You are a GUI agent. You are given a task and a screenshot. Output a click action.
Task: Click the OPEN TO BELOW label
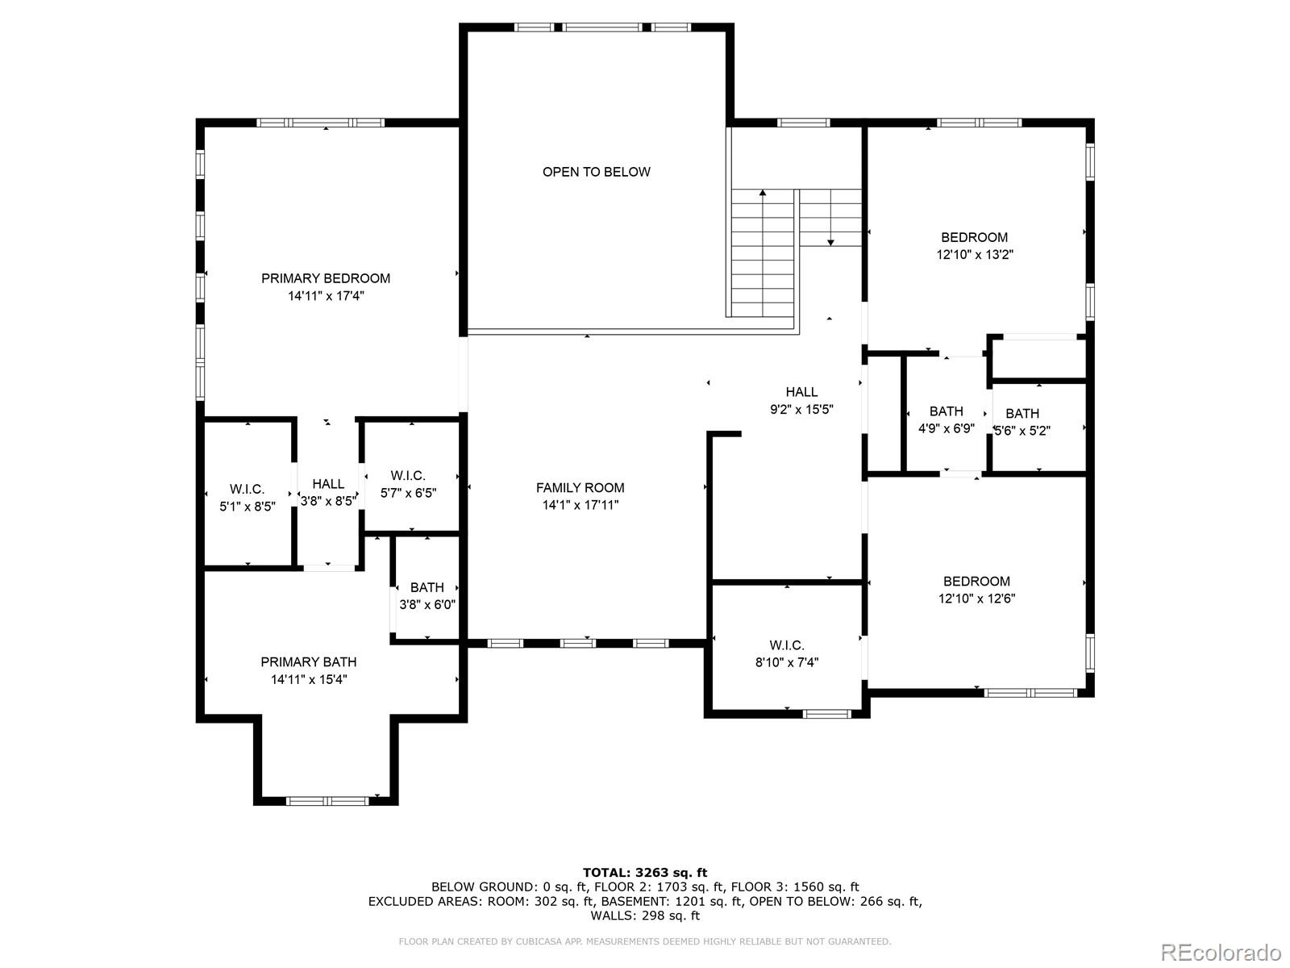596,172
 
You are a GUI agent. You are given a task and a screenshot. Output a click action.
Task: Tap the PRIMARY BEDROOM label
326,278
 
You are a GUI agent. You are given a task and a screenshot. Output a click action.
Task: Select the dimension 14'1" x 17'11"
580,506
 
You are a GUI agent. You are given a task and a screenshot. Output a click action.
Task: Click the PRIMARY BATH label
309,662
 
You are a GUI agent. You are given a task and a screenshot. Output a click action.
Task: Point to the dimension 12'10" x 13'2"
975,255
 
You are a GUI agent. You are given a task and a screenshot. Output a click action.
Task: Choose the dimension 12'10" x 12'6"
976,599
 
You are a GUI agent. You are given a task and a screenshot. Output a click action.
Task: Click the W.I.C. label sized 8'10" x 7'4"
787,645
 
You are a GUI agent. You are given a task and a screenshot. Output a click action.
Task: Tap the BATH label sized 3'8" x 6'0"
427,587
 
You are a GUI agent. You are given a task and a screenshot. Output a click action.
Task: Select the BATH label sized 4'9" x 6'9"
946,411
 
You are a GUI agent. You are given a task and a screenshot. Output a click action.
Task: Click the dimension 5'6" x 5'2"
1022,431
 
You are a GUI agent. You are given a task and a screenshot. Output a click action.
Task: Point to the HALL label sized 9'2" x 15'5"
801,392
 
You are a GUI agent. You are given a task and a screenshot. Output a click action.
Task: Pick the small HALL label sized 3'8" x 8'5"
328,484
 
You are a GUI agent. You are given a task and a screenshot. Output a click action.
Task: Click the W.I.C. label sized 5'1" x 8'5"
247,490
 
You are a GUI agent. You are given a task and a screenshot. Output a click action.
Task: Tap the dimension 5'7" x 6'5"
409,493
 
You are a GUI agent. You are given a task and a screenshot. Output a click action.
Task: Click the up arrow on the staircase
763,194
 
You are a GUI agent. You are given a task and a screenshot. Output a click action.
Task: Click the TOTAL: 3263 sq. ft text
645,872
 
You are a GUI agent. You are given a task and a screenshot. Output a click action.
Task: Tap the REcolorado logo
1221,952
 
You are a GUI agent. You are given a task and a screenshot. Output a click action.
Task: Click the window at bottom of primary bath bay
328,801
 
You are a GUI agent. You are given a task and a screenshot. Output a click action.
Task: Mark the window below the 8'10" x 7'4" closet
827,714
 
